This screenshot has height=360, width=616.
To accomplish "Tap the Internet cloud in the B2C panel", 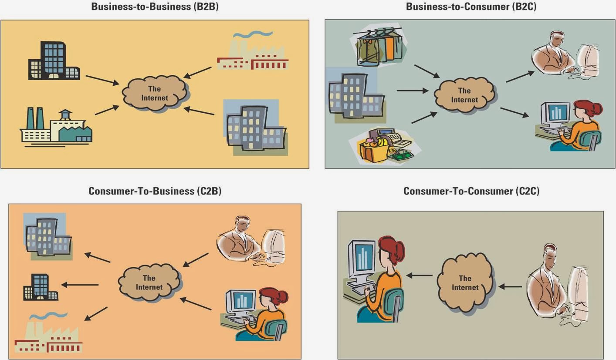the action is [465, 95].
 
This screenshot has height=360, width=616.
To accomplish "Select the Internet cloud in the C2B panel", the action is [149, 283].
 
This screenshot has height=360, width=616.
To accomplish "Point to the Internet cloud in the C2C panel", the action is [465, 283].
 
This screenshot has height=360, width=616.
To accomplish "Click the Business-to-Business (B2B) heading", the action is [155, 7].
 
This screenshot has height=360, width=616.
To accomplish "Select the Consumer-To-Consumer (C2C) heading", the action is [471, 191].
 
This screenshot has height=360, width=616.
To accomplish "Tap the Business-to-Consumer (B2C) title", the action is [471, 7].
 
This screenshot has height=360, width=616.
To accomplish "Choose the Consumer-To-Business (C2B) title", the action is [155, 191].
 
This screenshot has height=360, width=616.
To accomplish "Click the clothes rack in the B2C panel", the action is [379, 46].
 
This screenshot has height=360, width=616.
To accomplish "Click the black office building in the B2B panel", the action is [54, 61].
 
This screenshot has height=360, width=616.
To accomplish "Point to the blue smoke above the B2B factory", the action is [253, 34].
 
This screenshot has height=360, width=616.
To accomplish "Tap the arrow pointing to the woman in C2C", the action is [419, 276].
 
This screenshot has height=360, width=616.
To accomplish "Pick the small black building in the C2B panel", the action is [41, 287].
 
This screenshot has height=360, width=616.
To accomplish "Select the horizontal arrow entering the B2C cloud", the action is [413, 91].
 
